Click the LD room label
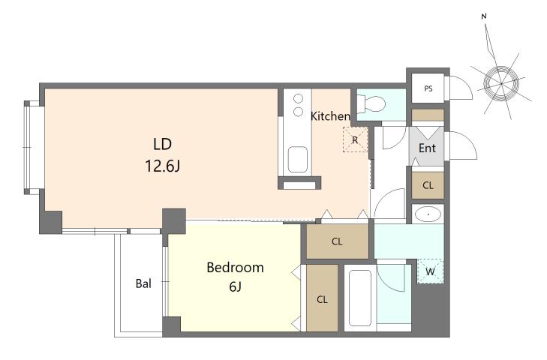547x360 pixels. (162, 144)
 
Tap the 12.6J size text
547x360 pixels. (162, 166)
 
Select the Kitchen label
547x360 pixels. (330, 116)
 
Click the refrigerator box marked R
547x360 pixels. (355, 139)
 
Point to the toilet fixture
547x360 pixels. (371, 103)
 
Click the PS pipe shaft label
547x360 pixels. (428, 88)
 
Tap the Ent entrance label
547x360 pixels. (427, 148)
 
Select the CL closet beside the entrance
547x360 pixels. (428, 185)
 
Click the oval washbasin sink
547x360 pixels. (428, 214)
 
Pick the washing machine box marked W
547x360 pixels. (431, 271)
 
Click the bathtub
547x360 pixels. (359, 298)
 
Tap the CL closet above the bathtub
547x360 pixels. (338, 241)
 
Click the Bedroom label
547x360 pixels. (235, 268)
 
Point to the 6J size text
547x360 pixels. (235, 286)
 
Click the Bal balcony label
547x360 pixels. (143, 283)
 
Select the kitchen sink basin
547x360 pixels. (298, 159)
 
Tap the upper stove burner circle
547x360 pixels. (298, 99)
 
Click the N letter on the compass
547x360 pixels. (484, 16)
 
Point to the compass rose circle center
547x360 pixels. (501, 84)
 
